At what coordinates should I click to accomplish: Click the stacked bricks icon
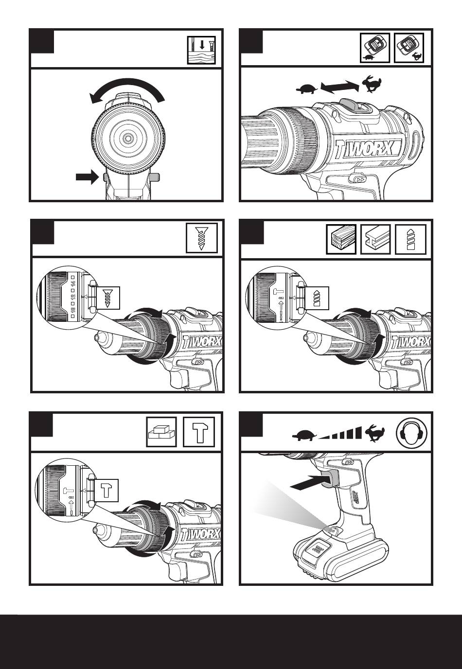[161, 432]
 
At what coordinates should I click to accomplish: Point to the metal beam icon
[376, 239]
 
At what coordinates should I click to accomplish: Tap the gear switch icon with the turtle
[376, 48]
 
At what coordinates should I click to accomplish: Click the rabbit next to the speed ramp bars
[376, 432]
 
